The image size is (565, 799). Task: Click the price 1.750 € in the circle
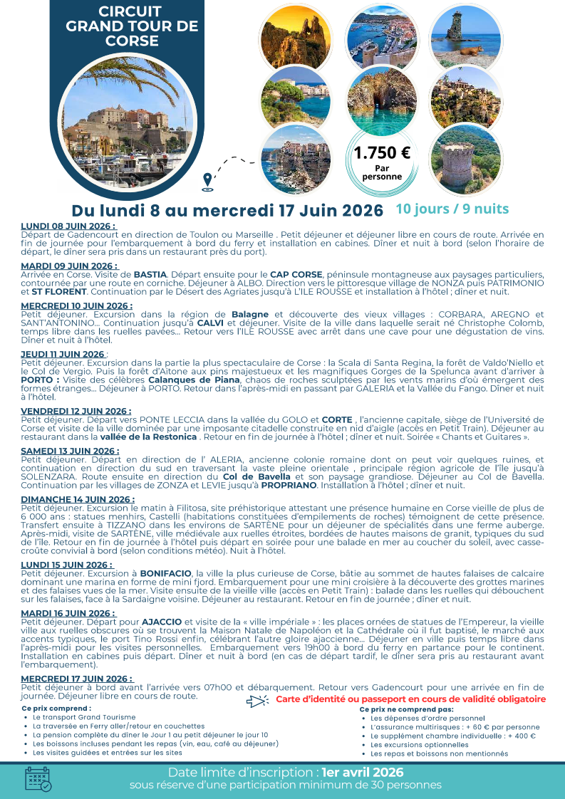[382, 152]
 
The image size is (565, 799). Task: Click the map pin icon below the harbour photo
[207, 182]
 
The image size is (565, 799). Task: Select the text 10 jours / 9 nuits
[452, 209]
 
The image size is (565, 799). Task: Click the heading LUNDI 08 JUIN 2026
[68, 226]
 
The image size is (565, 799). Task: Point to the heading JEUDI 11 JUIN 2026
[63, 354]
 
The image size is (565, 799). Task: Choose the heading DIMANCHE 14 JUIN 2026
[78, 499]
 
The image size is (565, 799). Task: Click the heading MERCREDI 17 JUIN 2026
[77, 679]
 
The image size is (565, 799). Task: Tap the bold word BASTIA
[150, 274]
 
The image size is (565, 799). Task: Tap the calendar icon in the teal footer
[38, 778]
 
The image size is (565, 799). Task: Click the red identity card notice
[411, 699]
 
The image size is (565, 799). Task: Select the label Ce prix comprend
[56, 709]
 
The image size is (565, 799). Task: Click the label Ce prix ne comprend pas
[406, 709]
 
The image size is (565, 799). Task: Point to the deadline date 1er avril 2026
[363, 773]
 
